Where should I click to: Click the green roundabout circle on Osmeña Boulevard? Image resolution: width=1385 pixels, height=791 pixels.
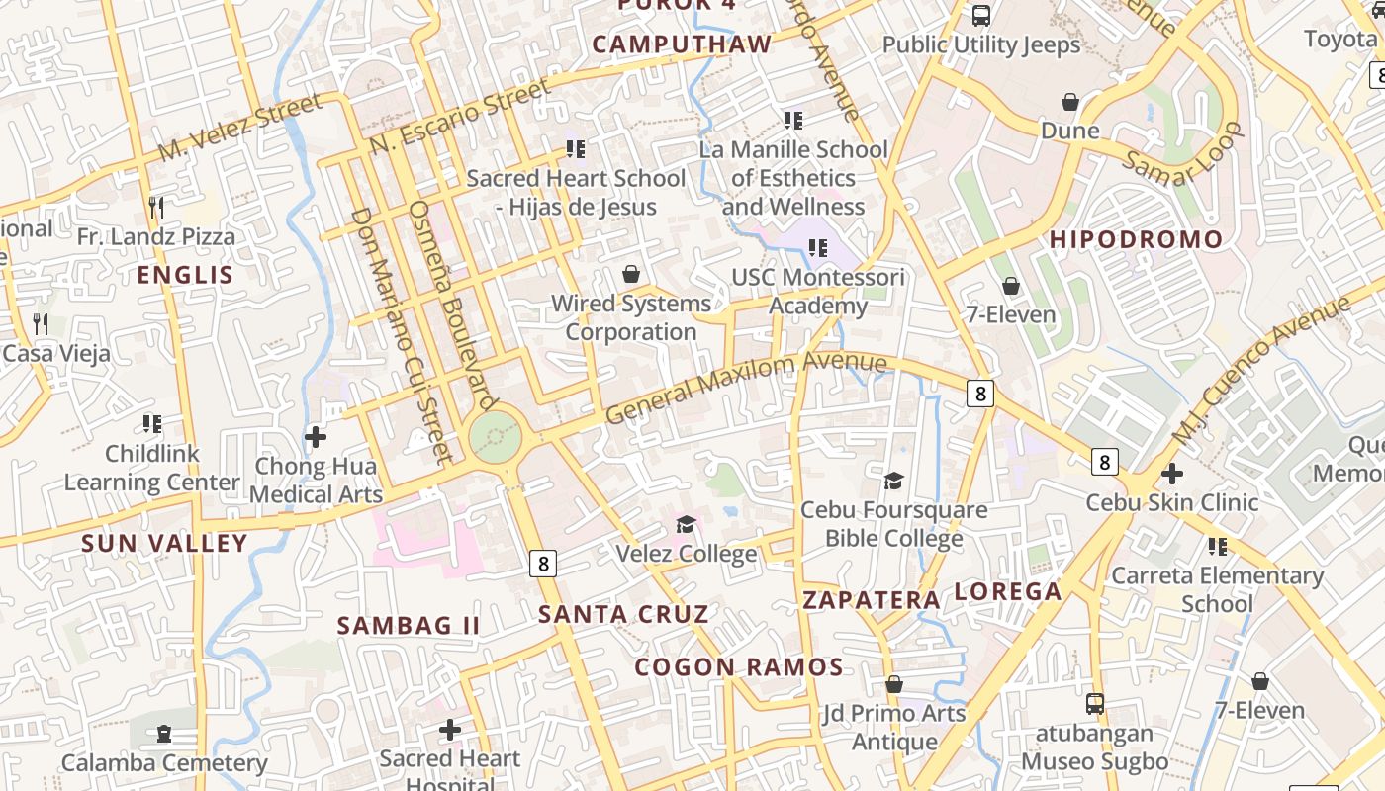pos(495,436)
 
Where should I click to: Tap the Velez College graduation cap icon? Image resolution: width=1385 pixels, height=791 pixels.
pos(686,523)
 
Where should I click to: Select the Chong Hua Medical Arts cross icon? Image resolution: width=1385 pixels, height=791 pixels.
pos(316,436)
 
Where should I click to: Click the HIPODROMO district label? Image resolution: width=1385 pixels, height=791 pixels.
pos(1136,239)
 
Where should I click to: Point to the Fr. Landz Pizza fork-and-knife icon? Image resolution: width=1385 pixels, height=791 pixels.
pos(156,207)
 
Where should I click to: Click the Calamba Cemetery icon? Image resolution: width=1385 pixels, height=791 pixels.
pos(164,734)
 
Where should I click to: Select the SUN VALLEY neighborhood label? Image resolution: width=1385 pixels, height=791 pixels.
pos(164,543)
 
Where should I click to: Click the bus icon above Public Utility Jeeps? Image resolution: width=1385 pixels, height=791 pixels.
pos(981,16)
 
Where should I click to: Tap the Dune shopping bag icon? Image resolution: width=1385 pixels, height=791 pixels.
pos(1069,102)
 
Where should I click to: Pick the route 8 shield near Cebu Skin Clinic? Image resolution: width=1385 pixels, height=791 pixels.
pos(1105,462)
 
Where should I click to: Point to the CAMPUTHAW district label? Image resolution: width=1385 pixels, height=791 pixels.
pos(682,44)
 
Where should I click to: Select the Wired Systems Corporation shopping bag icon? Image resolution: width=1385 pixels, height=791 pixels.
pos(631,274)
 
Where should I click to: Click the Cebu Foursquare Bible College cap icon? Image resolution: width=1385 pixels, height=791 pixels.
pos(893,481)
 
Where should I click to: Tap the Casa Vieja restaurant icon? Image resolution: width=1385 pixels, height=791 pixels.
pos(41,323)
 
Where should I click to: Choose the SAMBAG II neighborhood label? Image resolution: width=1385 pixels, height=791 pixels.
pos(409,626)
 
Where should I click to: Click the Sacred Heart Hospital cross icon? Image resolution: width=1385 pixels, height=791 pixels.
pos(450,730)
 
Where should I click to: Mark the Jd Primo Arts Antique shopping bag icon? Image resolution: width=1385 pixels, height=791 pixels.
pos(894,684)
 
